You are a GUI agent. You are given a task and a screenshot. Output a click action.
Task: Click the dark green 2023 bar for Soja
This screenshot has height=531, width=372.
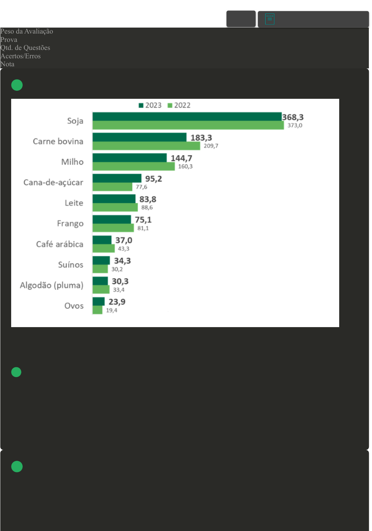click(x=187, y=117)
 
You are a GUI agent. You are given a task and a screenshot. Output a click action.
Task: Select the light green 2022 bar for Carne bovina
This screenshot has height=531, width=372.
click(x=146, y=146)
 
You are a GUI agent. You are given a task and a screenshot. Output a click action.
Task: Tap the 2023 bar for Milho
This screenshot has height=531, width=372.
click(x=129, y=158)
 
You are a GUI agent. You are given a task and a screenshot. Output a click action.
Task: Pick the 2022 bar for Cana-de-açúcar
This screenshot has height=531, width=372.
click(x=112, y=187)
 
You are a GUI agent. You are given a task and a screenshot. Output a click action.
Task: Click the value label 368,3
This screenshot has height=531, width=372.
click(x=293, y=117)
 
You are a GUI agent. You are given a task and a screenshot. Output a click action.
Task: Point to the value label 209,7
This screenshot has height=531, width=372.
click(x=211, y=146)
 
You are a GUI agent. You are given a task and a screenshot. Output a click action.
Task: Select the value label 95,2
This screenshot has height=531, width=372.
click(x=154, y=179)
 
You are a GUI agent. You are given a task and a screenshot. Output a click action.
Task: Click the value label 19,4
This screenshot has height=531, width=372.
click(x=112, y=310)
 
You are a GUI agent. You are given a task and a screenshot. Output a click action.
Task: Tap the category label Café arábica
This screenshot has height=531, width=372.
click(x=60, y=244)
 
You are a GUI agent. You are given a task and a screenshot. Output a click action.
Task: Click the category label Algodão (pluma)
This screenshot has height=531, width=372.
click(x=52, y=285)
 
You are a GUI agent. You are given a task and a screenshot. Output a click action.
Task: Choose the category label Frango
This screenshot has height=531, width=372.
click(x=70, y=223)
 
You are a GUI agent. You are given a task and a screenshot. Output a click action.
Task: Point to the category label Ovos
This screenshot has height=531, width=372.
click(x=74, y=306)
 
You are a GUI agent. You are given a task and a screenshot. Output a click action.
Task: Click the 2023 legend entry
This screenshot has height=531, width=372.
click(x=150, y=105)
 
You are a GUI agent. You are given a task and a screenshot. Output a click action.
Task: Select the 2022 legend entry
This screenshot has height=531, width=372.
click(x=179, y=105)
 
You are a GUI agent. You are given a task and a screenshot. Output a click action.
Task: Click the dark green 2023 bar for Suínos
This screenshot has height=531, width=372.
click(x=101, y=260)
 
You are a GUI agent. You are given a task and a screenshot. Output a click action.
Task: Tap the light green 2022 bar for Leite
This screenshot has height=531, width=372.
click(x=115, y=207)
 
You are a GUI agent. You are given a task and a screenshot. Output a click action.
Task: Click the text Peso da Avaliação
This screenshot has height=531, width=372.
click(x=27, y=31)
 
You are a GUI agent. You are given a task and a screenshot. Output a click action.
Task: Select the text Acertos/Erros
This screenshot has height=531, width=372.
click(x=21, y=56)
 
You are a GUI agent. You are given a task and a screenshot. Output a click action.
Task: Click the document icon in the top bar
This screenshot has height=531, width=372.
click(x=270, y=19)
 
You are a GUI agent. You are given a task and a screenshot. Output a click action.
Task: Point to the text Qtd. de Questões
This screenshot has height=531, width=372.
click(x=25, y=48)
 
